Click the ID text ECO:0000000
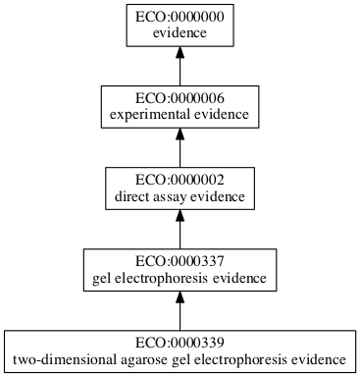tap(180, 17)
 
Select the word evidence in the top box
tap(180, 33)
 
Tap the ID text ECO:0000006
tap(180, 99)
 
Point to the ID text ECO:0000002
tap(180, 182)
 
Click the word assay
tap(170, 198)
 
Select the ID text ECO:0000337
tap(180, 264)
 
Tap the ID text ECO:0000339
tap(180, 343)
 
